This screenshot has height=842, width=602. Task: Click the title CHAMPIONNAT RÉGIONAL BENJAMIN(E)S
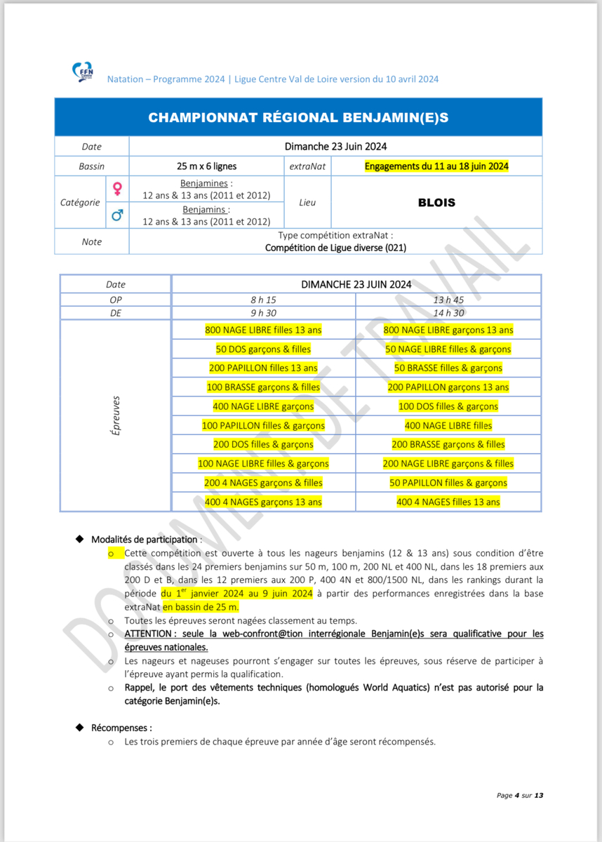click(x=298, y=117)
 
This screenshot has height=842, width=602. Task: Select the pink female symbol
click(x=117, y=189)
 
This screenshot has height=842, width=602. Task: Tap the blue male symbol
click(x=117, y=216)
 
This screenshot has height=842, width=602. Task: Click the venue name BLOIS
click(x=436, y=203)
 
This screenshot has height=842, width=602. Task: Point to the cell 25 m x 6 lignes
click(x=206, y=166)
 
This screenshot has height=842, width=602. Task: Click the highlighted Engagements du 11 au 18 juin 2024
click(x=436, y=166)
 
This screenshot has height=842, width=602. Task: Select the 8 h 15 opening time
click(x=263, y=299)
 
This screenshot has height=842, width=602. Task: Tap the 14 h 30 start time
click(x=448, y=313)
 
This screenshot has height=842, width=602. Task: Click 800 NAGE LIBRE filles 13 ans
click(x=263, y=330)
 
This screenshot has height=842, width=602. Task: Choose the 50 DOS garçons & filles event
click(x=263, y=349)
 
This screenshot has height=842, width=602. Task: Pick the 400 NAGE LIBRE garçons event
click(x=263, y=406)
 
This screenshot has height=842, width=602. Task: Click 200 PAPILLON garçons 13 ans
click(x=448, y=387)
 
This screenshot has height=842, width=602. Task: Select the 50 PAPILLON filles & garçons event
click(x=448, y=483)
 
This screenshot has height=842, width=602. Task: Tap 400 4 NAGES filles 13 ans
click(x=448, y=502)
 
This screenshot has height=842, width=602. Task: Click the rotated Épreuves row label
click(x=116, y=415)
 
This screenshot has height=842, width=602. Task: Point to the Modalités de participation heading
click(x=145, y=540)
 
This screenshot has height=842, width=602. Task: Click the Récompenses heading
click(x=121, y=728)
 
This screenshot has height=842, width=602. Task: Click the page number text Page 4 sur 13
click(x=520, y=795)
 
